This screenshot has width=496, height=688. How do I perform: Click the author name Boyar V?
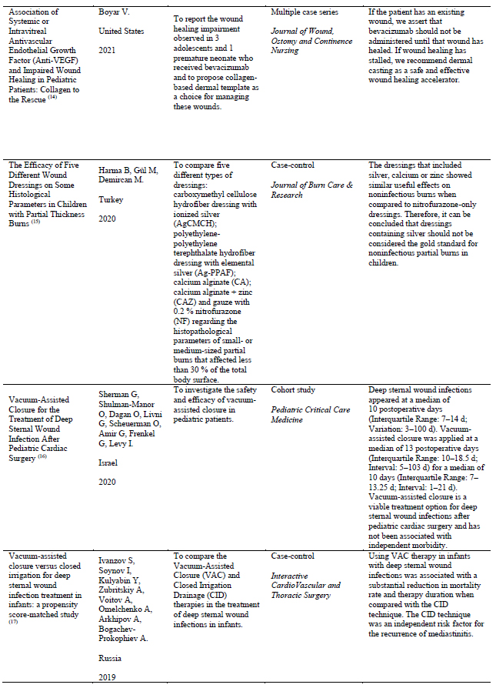(115, 13)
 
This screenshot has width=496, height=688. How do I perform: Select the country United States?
(123, 31)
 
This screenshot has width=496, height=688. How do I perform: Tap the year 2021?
(108, 49)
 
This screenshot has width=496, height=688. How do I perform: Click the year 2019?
(108, 677)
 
